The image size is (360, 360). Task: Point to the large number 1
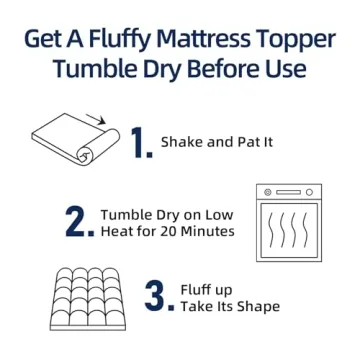click(x=142, y=143)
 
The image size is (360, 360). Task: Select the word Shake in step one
click(x=184, y=142)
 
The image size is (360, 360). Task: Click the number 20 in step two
click(x=175, y=232)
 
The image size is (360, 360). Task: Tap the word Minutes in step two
click(x=212, y=232)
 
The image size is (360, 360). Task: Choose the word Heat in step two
click(x=119, y=232)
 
